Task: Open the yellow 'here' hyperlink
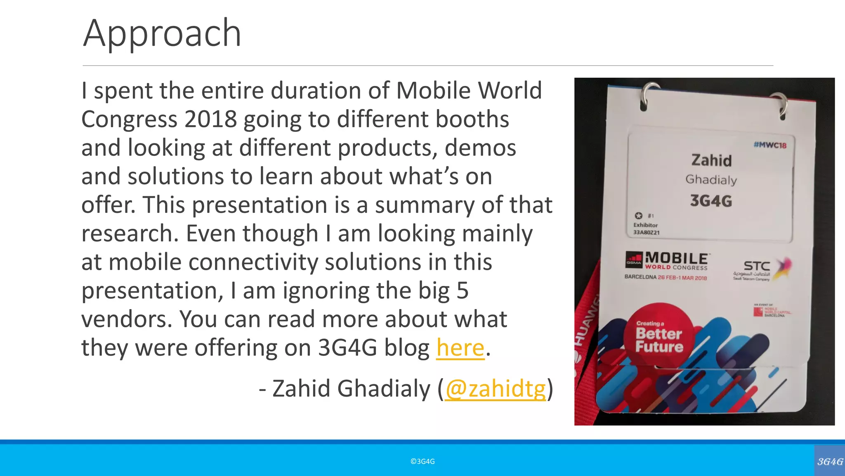click(460, 348)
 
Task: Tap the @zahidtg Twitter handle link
click(495, 389)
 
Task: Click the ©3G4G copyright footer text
click(422, 462)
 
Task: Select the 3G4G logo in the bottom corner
click(830, 462)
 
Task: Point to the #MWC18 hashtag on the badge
click(769, 145)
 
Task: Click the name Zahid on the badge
click(711, 160)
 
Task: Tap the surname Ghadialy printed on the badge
click(711, 180)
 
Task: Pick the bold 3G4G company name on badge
click(711, 201)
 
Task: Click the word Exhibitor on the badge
click(645, 225)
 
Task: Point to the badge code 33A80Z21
click(646, 233)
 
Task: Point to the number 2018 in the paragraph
click(210, 119)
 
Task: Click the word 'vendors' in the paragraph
click(126, 319)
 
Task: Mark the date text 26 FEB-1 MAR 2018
click(682, 278)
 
